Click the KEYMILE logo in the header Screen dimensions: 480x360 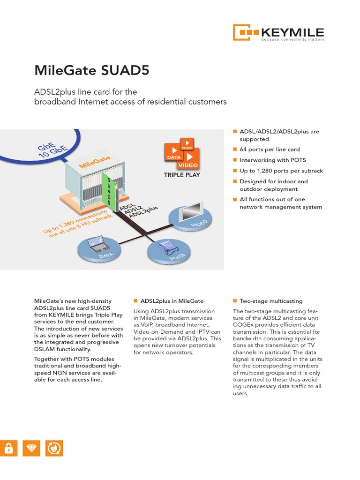point(278,32)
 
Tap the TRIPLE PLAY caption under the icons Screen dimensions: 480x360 point(182,175)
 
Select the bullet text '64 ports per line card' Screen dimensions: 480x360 point(270,150)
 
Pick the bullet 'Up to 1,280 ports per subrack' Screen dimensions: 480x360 point(281,171)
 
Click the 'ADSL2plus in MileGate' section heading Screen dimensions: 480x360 point(172,301)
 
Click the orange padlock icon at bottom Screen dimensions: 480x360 point(7,449)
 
